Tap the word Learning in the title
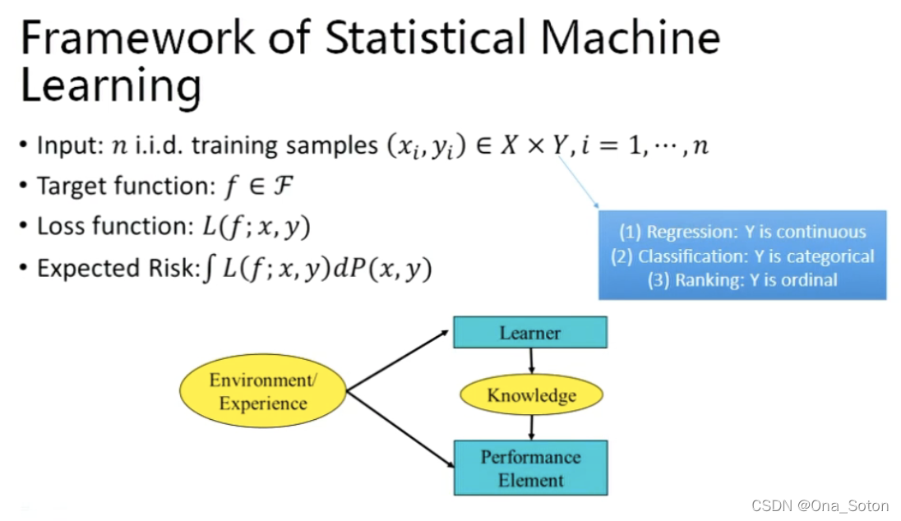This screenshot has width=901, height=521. (110, 85)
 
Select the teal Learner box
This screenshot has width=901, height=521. (530, 333)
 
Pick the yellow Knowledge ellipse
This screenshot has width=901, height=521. (531, 395)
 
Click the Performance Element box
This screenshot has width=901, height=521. (530, 468)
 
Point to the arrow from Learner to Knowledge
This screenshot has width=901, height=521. (531, 361)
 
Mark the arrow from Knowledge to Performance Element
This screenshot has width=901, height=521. (532, 426)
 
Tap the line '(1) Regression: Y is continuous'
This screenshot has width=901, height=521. (742, 233)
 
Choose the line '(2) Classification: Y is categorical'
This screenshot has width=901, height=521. (742, 256)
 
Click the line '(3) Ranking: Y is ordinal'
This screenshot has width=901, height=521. (742, 280)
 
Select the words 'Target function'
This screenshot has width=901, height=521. (122, 187)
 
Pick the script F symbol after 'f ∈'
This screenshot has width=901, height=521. (282, 187)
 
